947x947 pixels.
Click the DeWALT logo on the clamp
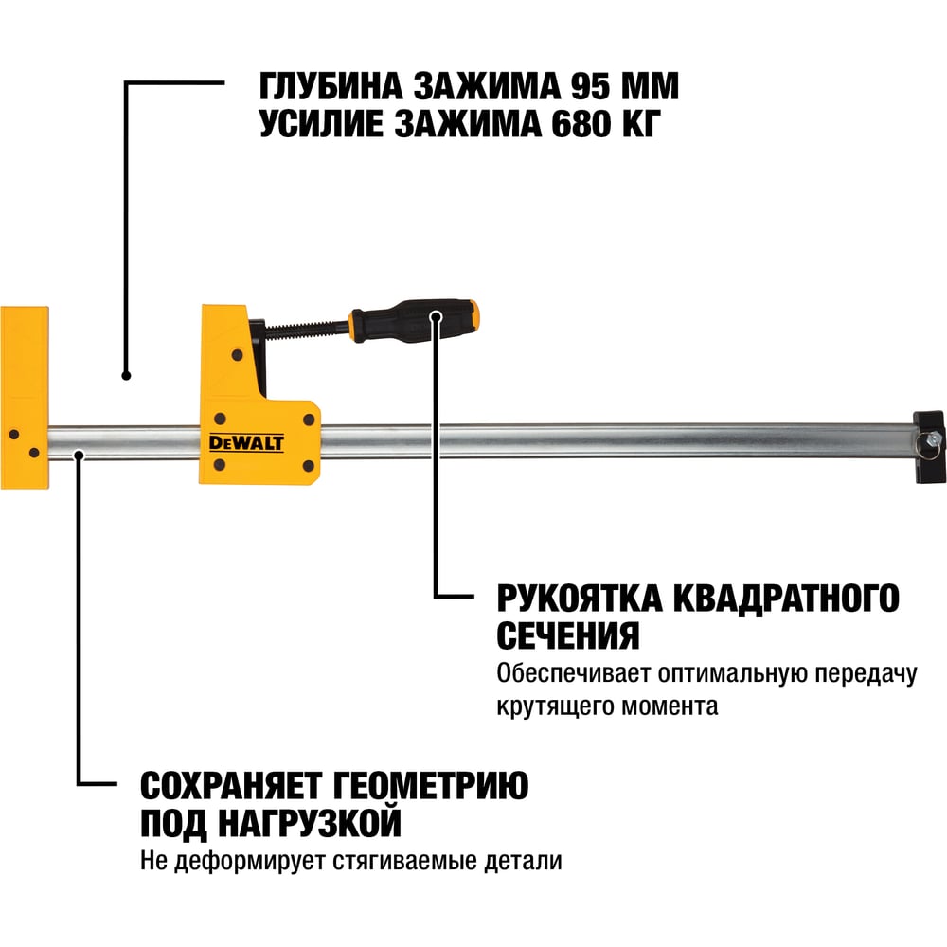point(246,442)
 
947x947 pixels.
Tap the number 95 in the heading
point(591,86)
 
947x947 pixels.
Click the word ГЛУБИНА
point(331,87)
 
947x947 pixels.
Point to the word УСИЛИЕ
point(321,124)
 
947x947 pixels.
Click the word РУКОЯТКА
point(580,599)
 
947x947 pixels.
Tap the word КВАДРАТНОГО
point(786,599)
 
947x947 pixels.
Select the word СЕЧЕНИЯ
point(567,636)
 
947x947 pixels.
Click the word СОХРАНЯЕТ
point(231,786)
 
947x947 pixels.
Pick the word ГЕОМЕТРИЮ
point(431,786)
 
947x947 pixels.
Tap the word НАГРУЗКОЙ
point(310,823)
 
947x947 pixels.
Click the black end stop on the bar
point(929,446)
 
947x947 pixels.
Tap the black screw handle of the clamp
point(415,320)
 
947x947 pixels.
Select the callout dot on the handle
point(436,316)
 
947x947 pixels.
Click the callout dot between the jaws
point(126,376)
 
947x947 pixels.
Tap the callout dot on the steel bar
point(79,455)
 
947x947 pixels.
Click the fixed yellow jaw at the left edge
point(25,398)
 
